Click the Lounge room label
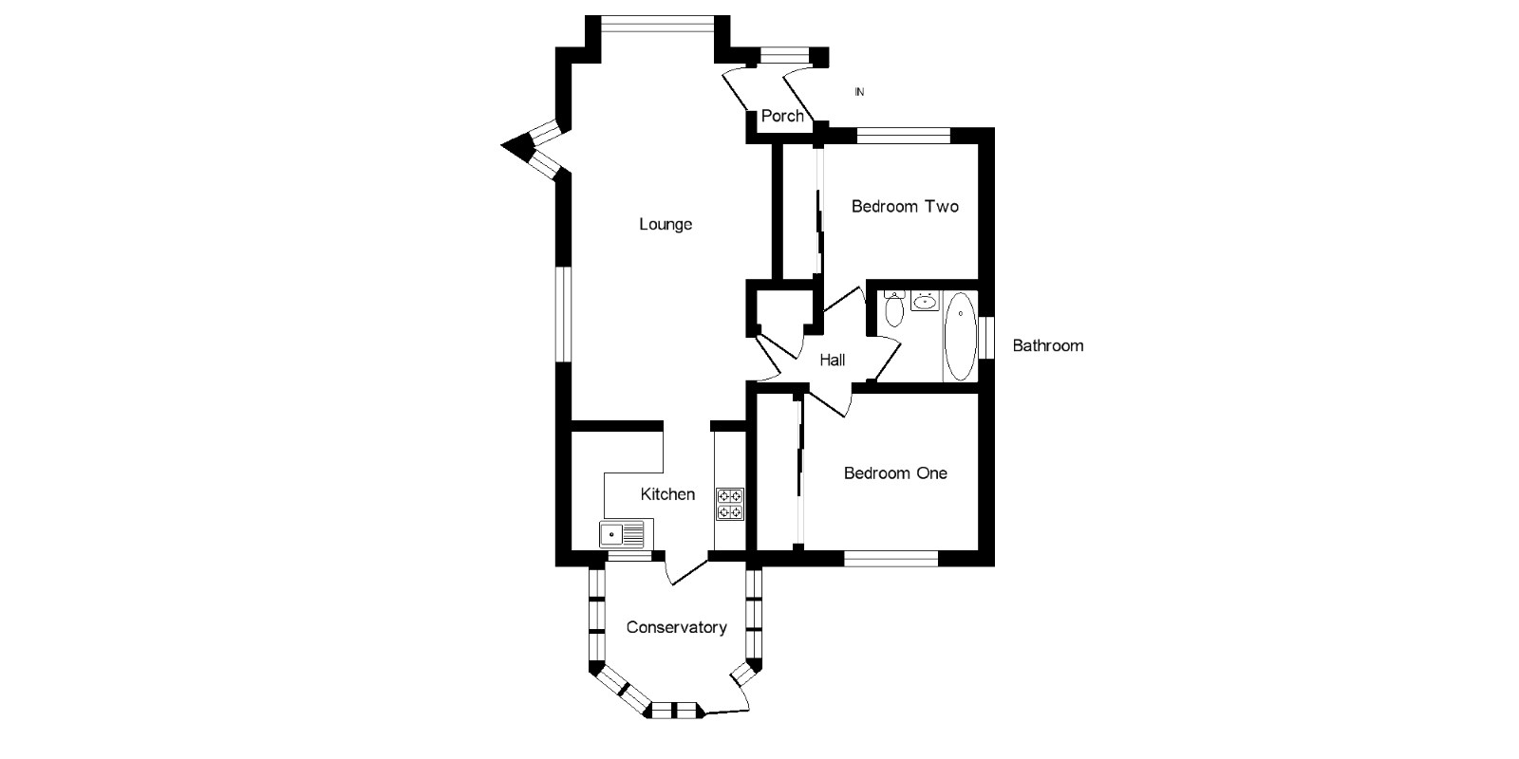pos(666,225)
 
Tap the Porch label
pos(782,116)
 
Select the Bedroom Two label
pos(905,206)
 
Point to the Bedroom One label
pos(895,472)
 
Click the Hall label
pos(833,360)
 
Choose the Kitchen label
pos(667,494)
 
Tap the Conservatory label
pos(676,627)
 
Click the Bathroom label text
pos(1047,345)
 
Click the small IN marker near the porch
pos(859,92)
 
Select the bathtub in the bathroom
pos(960,337)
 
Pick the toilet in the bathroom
pos(893,309)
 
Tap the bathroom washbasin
pos(924,303)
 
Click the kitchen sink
pos(621,533)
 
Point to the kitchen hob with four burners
pos(730,504)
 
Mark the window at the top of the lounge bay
pos(657,24)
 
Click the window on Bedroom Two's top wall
pos(902,135)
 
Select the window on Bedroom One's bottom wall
pos(891,558)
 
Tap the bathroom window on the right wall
pos(987,337)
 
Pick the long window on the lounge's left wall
pos(563,314)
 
